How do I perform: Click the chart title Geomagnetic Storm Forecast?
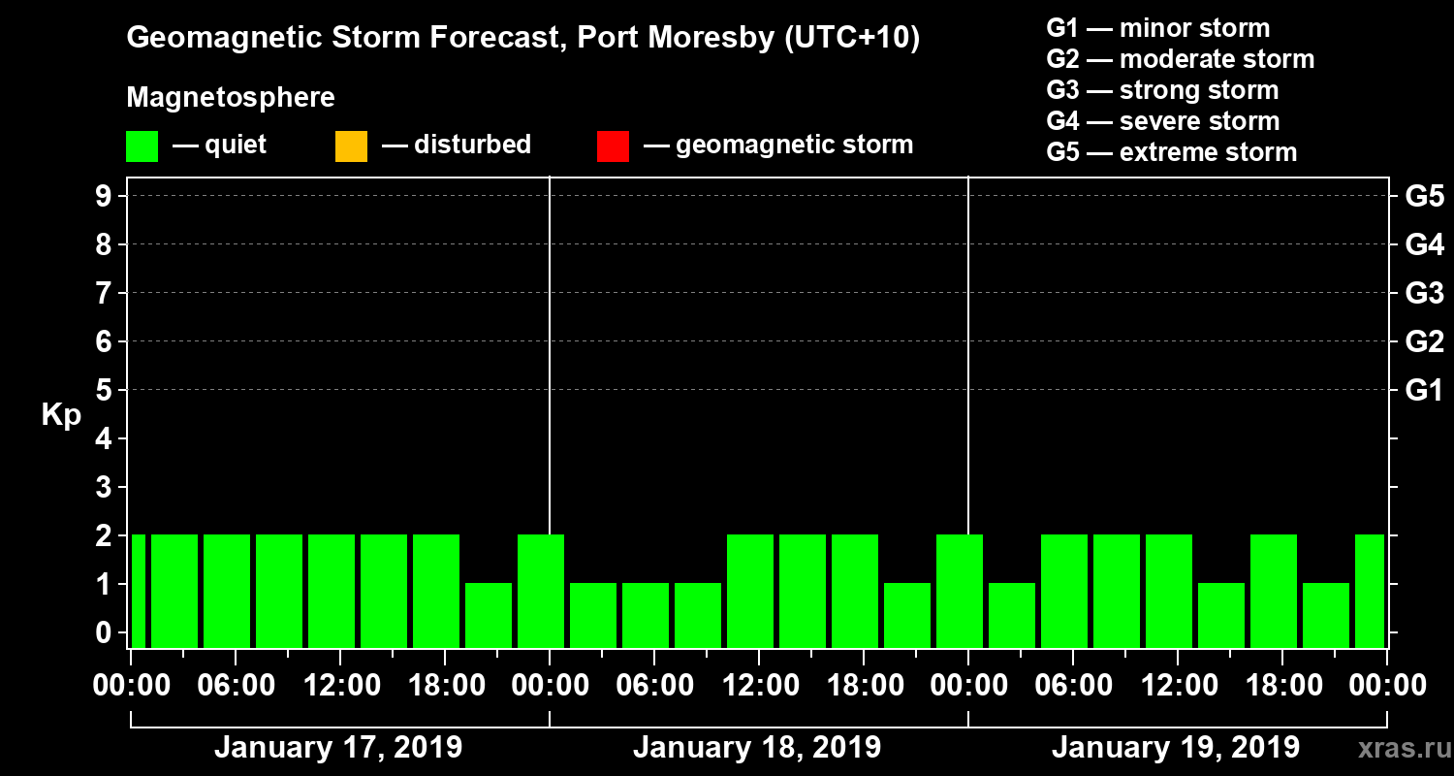point(523,39)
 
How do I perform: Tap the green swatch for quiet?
point(142,146)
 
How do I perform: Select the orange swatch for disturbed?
point(351,146)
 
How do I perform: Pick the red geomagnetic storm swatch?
point(613,146)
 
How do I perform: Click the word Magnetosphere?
point(231,98)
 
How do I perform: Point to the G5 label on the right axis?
point(1424,196)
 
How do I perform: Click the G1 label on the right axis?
point(1424,390)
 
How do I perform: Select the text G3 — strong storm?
point(1162,90)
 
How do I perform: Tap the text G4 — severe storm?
point(1162,121)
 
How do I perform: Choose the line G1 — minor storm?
point(1157,28)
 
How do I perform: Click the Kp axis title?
point(61,415)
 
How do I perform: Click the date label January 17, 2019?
point(337,748)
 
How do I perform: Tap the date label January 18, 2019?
point(757,748)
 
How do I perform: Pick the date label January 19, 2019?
point(1176,748)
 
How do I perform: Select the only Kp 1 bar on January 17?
point(489,615)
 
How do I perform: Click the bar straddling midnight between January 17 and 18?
point(541,591)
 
